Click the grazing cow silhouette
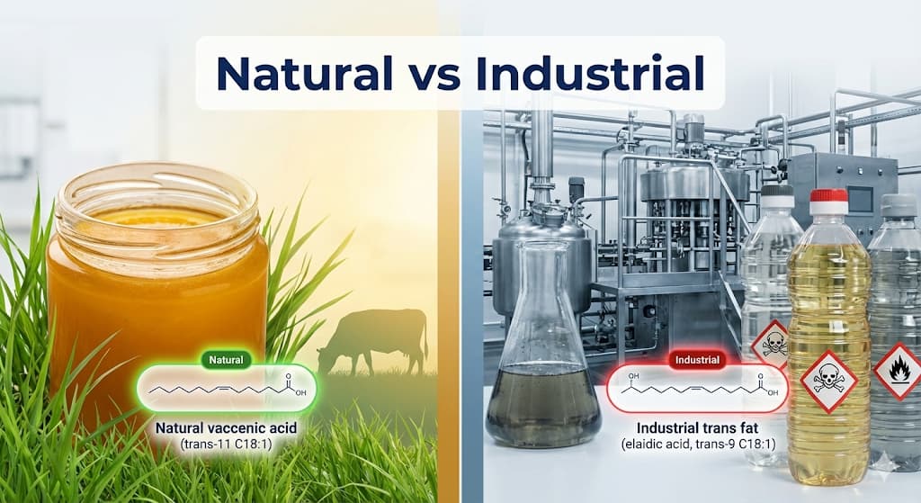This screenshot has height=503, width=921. click(x=377, y=339)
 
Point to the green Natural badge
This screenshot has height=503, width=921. click(x=227, y=360)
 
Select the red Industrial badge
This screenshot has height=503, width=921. click(x=697, y=360)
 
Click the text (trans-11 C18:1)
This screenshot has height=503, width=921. click(x=227, y=445)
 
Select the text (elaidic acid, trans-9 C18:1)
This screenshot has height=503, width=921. click(x=697, y=445)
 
